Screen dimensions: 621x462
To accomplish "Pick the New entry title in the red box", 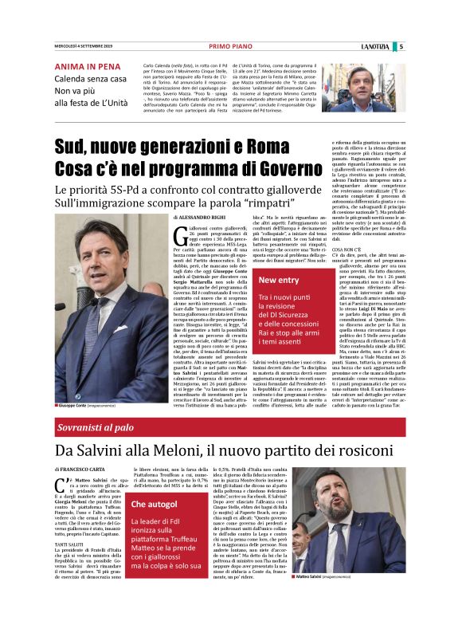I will pyautogui.click(x=279, y=280).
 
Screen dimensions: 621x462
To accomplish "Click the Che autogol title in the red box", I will pyautogui.click(x=155, y=504).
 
